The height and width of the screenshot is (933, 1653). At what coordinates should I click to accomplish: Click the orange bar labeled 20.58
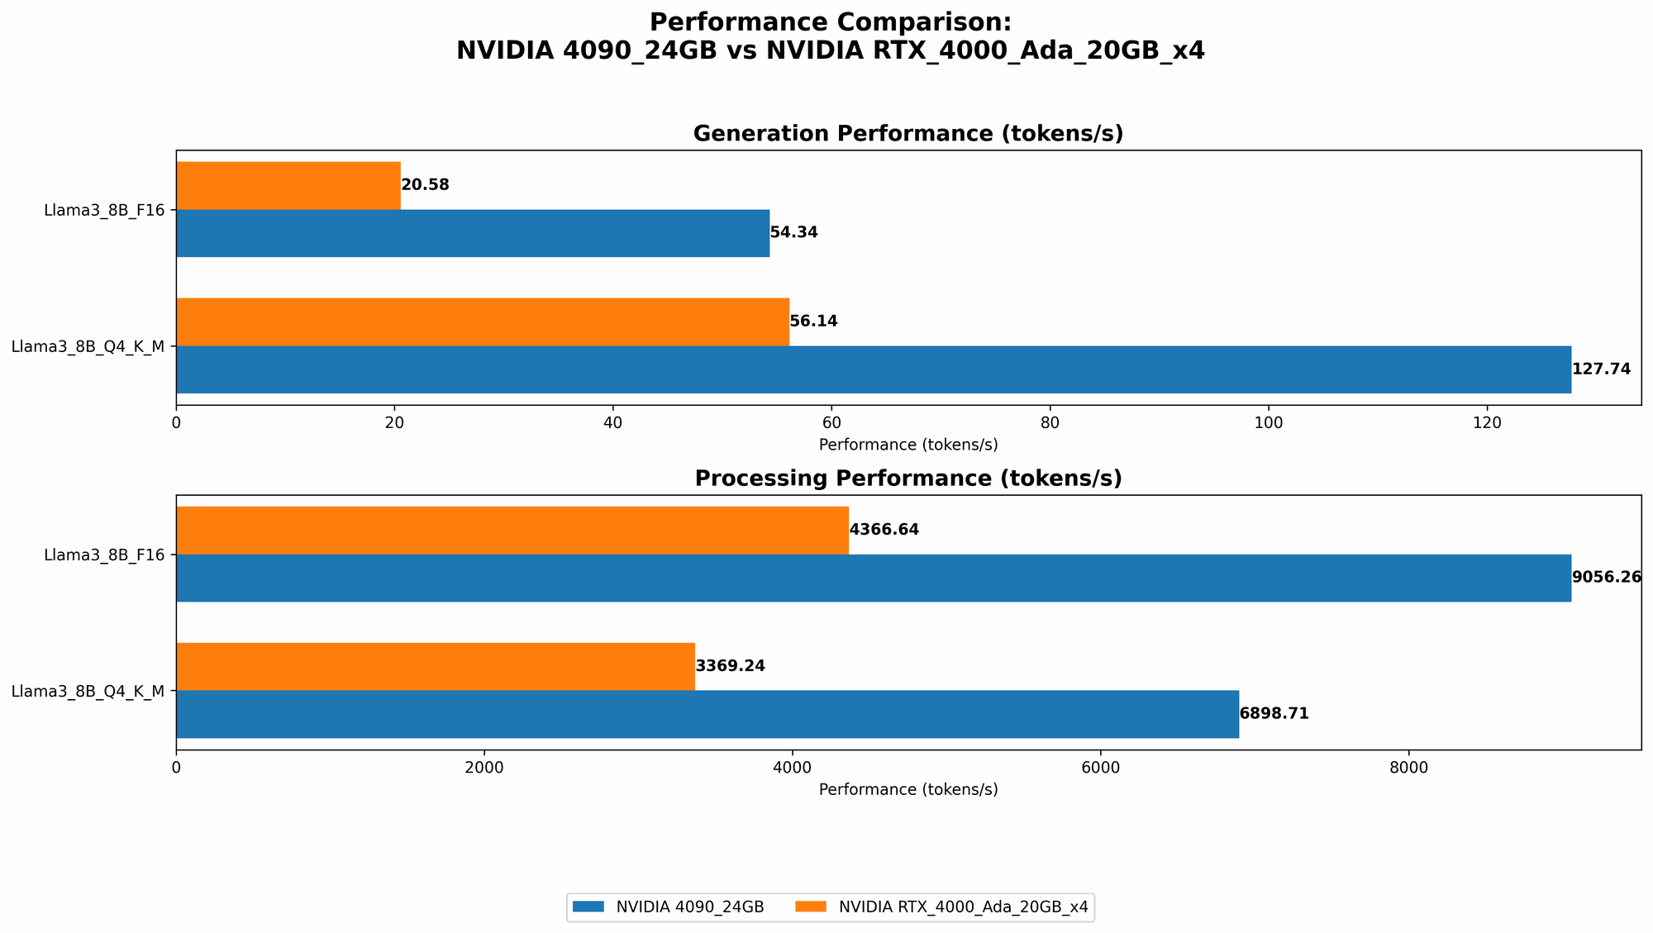point(288,185)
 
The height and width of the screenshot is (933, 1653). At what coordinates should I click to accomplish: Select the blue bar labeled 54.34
point(472,233)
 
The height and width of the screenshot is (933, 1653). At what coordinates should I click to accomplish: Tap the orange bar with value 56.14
point(482,321)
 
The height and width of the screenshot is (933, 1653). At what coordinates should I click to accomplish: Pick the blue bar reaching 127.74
point(873,369)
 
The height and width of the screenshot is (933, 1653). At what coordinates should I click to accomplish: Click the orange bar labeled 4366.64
point(512,530)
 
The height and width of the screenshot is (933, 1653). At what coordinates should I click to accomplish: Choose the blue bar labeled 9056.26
point(873,578)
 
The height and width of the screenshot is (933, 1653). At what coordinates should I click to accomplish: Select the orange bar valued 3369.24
point(435,666)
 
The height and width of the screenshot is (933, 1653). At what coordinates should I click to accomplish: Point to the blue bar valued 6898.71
point(707,714)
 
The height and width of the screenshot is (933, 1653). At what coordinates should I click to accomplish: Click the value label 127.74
point(1601,369)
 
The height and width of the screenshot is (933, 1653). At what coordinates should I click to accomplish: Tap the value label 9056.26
point(1606,578)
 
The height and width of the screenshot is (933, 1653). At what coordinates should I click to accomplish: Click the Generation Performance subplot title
point(907,134)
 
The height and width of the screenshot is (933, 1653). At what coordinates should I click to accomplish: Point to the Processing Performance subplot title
point(907,478)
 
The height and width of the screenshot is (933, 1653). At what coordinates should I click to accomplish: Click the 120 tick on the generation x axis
point(1486,423)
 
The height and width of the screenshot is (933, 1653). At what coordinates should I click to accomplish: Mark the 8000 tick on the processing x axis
point(1408,768)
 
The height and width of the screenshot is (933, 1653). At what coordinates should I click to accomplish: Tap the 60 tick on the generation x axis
point(831,423)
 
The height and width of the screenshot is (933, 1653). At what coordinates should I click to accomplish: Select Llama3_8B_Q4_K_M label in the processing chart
point(88,691)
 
